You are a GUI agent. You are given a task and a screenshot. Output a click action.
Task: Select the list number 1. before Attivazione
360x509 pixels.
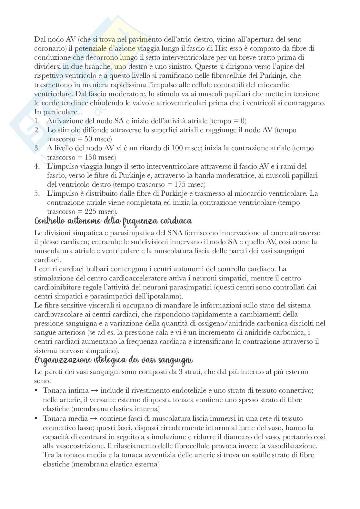pyautogui.click(x=37, y=121)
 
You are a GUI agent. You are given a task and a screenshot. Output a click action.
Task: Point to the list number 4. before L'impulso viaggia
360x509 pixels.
pyautogui.click(x=37, y=166)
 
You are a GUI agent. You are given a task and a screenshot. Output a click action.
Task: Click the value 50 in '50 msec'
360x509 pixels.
pyautogui.click(x=88, y=139)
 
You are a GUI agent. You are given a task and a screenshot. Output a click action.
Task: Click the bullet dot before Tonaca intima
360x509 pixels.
pyautogui.click(x=36, y=391)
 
